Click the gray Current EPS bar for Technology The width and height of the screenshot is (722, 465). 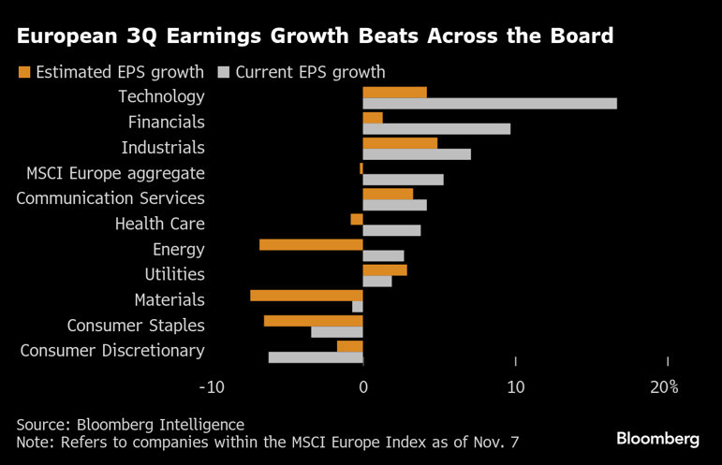point(490,103)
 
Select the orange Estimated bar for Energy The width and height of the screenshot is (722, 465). point(311,244)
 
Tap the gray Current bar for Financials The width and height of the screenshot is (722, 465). point(436,128)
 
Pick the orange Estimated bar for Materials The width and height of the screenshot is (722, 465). point(306,295)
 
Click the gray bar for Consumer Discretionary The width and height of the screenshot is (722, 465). point(316,356)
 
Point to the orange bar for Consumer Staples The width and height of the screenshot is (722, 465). point(313,321)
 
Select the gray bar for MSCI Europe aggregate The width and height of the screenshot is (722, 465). point(403,180)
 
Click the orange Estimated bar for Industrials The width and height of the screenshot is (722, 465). point(400,143)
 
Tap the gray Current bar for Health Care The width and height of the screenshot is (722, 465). point(391,230)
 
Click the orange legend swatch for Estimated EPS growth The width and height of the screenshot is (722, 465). point(24,72)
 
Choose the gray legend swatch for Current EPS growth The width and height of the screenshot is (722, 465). point(224,72)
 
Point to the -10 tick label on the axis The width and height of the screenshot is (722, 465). point(212,387)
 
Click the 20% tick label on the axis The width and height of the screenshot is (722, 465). point(664,387)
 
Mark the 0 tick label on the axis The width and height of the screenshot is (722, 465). point(363,387)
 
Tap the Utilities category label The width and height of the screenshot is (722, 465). point(174,274)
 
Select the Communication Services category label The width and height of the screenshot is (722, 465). point(111,198)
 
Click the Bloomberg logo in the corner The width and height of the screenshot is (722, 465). point(657,438)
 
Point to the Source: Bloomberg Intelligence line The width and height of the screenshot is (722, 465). point(130,424)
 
